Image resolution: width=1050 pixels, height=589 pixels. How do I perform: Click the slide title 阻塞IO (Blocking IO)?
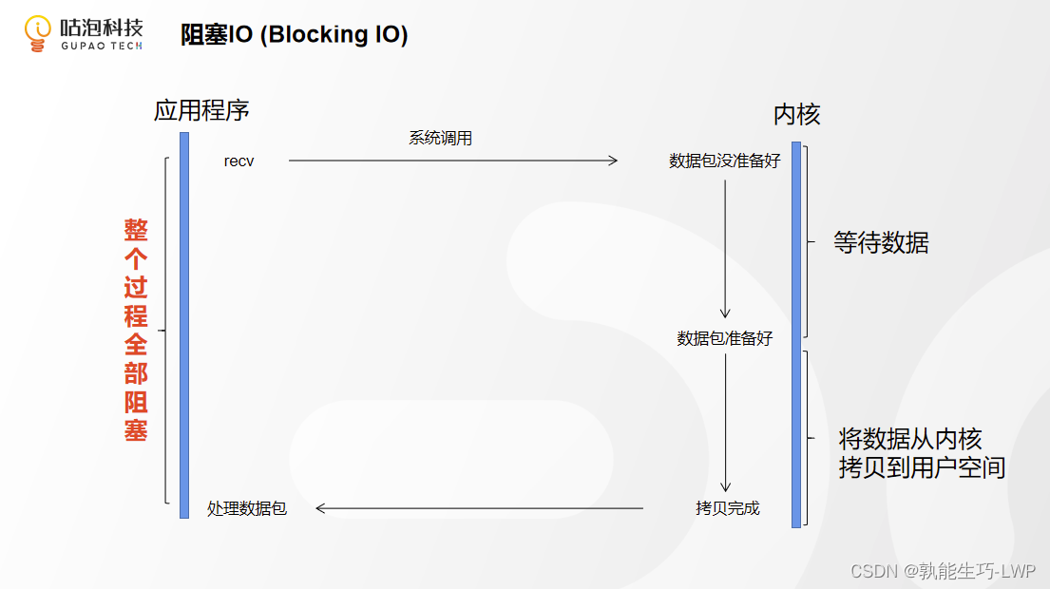[x=295, y=35]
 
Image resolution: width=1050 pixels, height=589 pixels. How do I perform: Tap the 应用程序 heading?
[x=201, y=110]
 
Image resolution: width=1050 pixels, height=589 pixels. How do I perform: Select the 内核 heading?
[x=796, y=115]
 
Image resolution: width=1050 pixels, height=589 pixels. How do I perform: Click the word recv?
[x=239, y=161]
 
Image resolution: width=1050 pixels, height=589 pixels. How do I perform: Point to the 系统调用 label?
[x=440, y=139]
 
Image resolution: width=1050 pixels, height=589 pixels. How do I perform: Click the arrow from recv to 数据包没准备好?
[x=453, y=161]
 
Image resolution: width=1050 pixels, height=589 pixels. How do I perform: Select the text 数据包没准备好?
[x=724, y=161]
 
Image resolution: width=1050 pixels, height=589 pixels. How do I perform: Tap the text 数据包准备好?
[x=724, y=338]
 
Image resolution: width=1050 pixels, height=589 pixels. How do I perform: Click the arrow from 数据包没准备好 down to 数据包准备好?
[x=725, y=247]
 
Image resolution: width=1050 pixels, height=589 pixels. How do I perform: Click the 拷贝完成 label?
[x=728, y=508]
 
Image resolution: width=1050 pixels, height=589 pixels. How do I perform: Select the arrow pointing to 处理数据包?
[x=480, y=508]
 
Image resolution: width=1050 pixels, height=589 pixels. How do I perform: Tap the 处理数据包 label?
[x=247, y=508]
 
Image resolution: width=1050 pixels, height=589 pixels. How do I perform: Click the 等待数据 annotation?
[x=881, y=243]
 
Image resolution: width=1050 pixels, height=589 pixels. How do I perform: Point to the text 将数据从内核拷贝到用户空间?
[x=921, y=453]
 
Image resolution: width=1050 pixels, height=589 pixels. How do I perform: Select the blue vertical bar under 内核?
[x=796, y=332]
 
